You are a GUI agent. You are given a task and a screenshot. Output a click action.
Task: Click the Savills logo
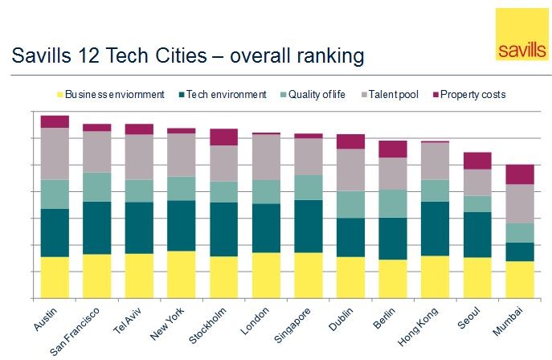tap(521, 35)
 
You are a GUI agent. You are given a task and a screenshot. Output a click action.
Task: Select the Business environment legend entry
tap(113, 94)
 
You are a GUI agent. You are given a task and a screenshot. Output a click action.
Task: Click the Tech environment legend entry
tap(220, 94)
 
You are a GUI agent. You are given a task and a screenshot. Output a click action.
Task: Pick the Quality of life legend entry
tap(311, 94)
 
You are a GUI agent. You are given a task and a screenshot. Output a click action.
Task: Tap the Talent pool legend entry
tap(391, 94)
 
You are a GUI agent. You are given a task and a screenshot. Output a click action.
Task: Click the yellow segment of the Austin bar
tap(55, 277)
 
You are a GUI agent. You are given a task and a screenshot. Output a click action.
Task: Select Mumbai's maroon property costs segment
tap(520, 174)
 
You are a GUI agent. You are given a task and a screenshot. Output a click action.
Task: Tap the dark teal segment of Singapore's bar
tap(308, 226)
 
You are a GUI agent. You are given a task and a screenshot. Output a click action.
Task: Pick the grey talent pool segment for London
tap(266, 157)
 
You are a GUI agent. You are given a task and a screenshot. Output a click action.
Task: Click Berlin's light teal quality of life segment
tap(393, 203)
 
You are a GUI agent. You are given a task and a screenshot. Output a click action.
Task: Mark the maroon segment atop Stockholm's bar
tap(223, 137)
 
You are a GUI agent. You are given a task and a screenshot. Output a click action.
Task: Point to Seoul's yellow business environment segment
tap(477, 277)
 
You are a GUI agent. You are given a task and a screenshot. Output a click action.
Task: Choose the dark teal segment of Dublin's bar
tap(350, 237)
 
